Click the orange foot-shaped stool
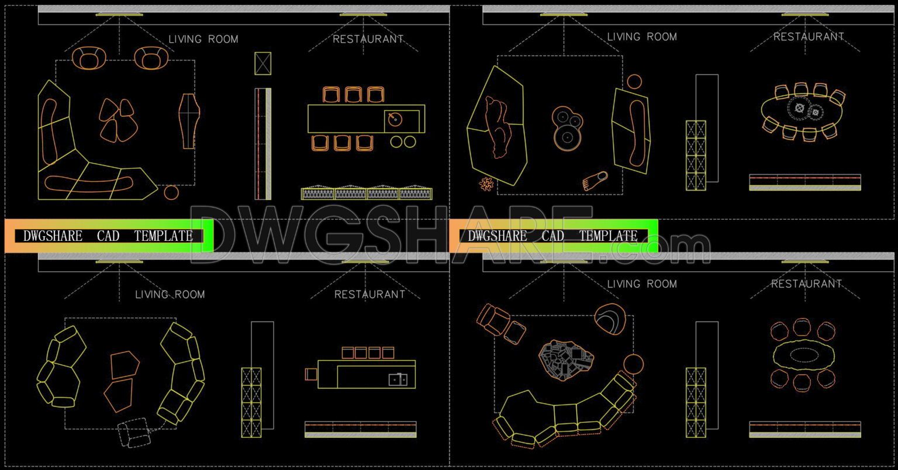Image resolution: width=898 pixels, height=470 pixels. [595, 180]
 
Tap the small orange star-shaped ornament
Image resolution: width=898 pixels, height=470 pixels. [486, 184]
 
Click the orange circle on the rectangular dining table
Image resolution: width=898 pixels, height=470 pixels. [393, 119]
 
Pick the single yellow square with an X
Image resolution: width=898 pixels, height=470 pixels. [263, 63]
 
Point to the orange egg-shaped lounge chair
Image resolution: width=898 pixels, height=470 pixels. [610, 320]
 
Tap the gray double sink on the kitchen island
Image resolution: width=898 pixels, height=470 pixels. [398, 380]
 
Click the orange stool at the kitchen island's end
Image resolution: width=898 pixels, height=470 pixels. [311, 374]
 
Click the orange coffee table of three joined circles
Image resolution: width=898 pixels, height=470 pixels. [567, 128]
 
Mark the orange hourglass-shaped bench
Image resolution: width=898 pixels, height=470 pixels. [189, 120]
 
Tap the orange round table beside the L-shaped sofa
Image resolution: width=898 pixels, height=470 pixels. [171, 192]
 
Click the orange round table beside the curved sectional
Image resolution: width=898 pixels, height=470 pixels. [633, 364]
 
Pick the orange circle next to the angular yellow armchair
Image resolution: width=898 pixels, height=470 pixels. [634, 81]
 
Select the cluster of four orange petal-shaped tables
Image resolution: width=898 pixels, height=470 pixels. [118, 120]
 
